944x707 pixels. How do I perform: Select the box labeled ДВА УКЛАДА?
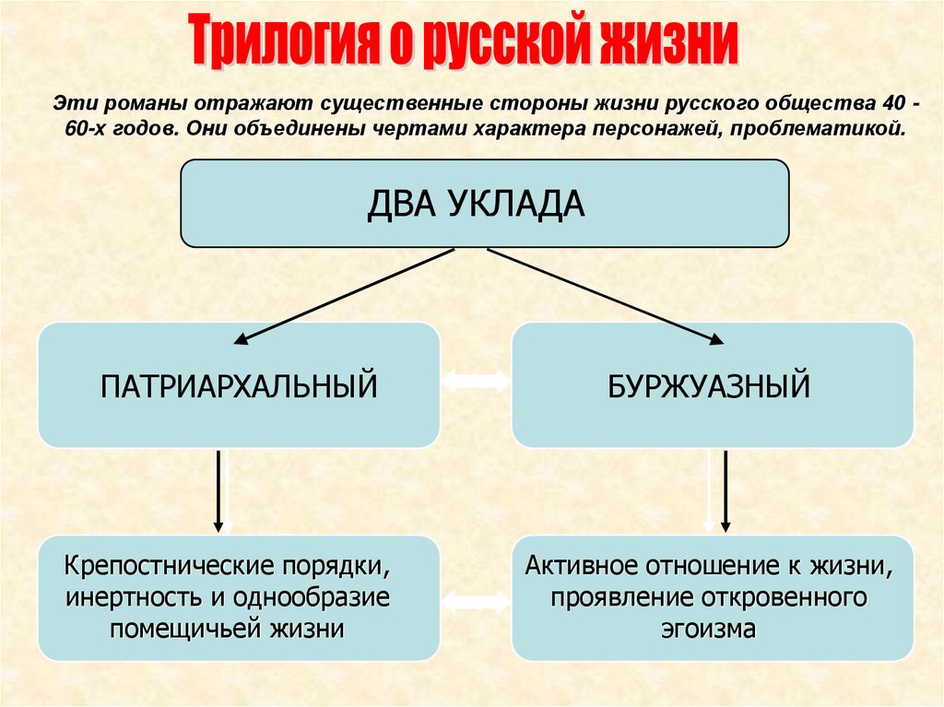[x=484, y=203]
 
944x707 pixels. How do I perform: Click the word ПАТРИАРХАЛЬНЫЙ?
[x=239, y=384]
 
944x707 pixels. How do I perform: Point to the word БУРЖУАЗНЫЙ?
[x=709, y=384]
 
